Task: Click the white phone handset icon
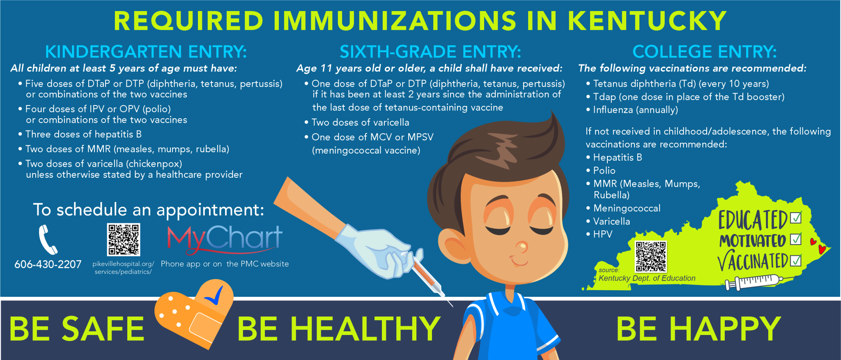[48, 240]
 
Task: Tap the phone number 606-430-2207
[48, 264]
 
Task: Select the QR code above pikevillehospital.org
[124, 240]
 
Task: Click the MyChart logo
[225, 239]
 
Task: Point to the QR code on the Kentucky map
[651, 257]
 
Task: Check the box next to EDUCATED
[796, 217]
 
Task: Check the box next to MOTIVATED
[796, 239]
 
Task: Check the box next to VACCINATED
[796, 260]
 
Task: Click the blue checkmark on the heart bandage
[214, 297]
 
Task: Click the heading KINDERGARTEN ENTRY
[146, 52]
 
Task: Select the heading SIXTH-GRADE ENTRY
[430, 52]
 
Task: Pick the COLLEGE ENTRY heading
[705, 52]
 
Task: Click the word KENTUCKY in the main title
[647, 21]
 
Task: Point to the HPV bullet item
[600, 234]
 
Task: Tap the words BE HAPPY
[699, 329]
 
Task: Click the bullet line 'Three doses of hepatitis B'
[80, 134]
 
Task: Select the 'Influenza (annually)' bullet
[632, 110]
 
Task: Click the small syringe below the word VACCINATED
[754, 282]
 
